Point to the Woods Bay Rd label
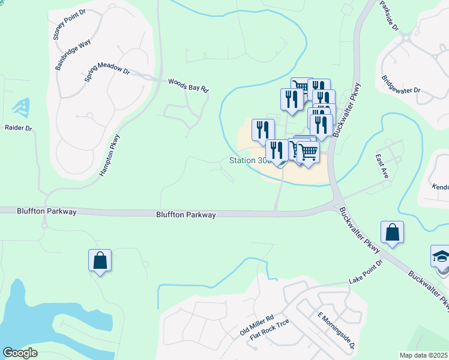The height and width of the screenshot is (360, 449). click(188, 85)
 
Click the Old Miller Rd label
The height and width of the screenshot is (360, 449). click(256, 325)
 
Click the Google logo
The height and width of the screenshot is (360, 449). click(20, 353)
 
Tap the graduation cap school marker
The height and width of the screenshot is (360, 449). click(441, 256)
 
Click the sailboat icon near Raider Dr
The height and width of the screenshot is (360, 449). click(20, 107)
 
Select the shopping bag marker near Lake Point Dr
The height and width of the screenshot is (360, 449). click(392, 233)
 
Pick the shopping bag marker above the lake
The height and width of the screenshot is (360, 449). click(100, 260)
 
